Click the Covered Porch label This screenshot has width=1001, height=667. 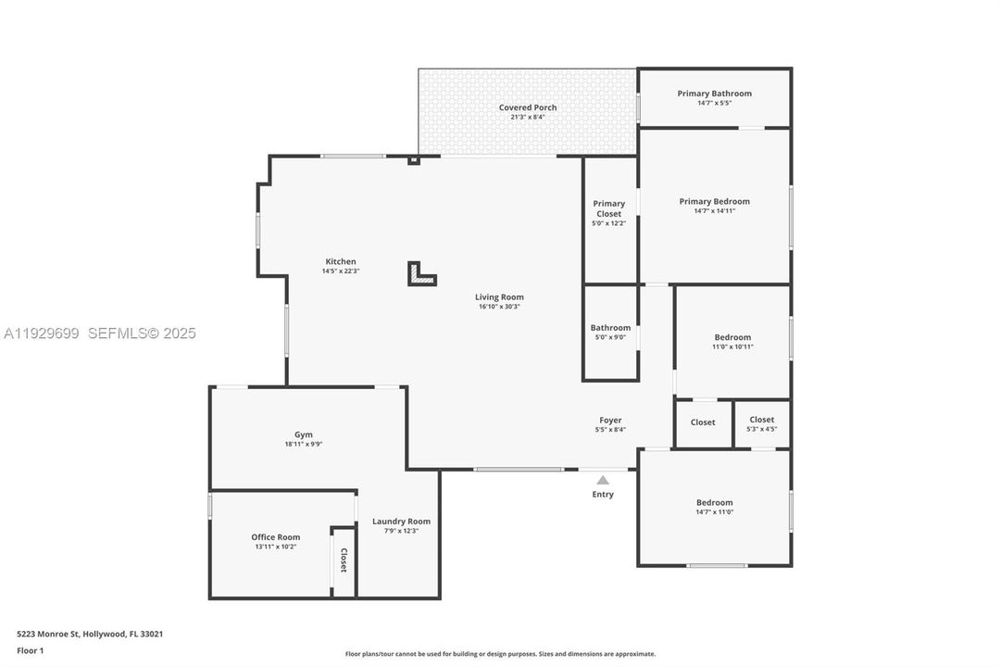[x=528, y=107]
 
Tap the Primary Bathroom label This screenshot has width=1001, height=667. [x=714, y=94]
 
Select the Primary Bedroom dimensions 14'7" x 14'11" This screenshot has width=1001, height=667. [x=714, y=211]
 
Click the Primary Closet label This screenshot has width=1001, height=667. [x=608, y=208]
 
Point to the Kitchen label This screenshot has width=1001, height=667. [x=340, y=261]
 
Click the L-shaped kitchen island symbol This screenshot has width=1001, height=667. [x=421, y=274]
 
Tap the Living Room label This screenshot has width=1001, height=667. [x=499, y=297]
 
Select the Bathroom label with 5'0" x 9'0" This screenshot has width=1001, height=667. [x=610, y=327]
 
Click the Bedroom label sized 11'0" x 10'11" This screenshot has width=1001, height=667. [x=732, y=337]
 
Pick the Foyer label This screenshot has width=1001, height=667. [x=610, y=420]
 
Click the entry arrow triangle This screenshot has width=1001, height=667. [x=603, y=480]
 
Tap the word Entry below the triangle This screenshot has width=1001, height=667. [x=603, y=495]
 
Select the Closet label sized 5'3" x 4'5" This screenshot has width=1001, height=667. [x=761, y=420]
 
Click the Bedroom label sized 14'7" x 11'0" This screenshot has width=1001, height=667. [x=714, y=502]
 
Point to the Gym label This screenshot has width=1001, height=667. [x=304, y=434]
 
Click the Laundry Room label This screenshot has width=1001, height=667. [x=401, y=521]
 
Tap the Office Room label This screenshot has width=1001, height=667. [x=276, y=536]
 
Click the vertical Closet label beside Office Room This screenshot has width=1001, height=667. [x=344, y=560]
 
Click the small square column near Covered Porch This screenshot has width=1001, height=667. [x=414, y=160]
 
